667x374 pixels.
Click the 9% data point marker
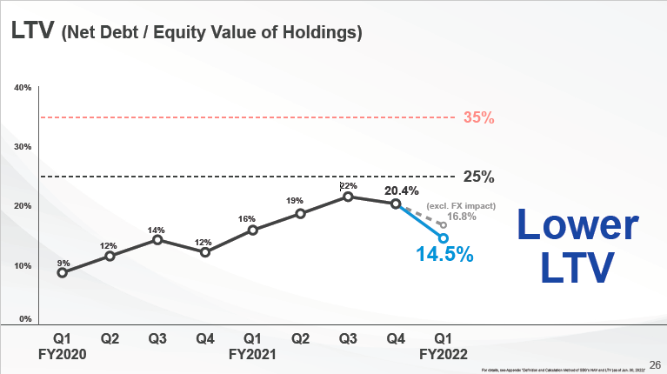click(x=62, y=272)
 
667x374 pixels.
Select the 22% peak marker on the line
click(x=348, y=197)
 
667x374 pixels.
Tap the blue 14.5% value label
click(x=445, y=255)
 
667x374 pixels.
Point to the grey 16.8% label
click(x=464, y=217)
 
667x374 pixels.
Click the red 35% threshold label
click(x=478, y=117)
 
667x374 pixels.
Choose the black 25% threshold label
click(x=478, y=177)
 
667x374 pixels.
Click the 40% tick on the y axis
click(x=23, y=87)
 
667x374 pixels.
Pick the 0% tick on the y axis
click(x=26, y=320)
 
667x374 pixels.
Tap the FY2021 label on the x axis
click(x=252, y=354)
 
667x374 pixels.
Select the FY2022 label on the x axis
click(x=443, y=354)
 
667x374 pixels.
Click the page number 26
click(x=655, y=364)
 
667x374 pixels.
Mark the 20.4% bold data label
click(x=401, y=190)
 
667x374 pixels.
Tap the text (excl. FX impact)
click(x=461, y=206)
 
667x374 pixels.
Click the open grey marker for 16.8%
click(x=444, y=224)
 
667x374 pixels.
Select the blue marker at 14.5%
click(x=444, y=238)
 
